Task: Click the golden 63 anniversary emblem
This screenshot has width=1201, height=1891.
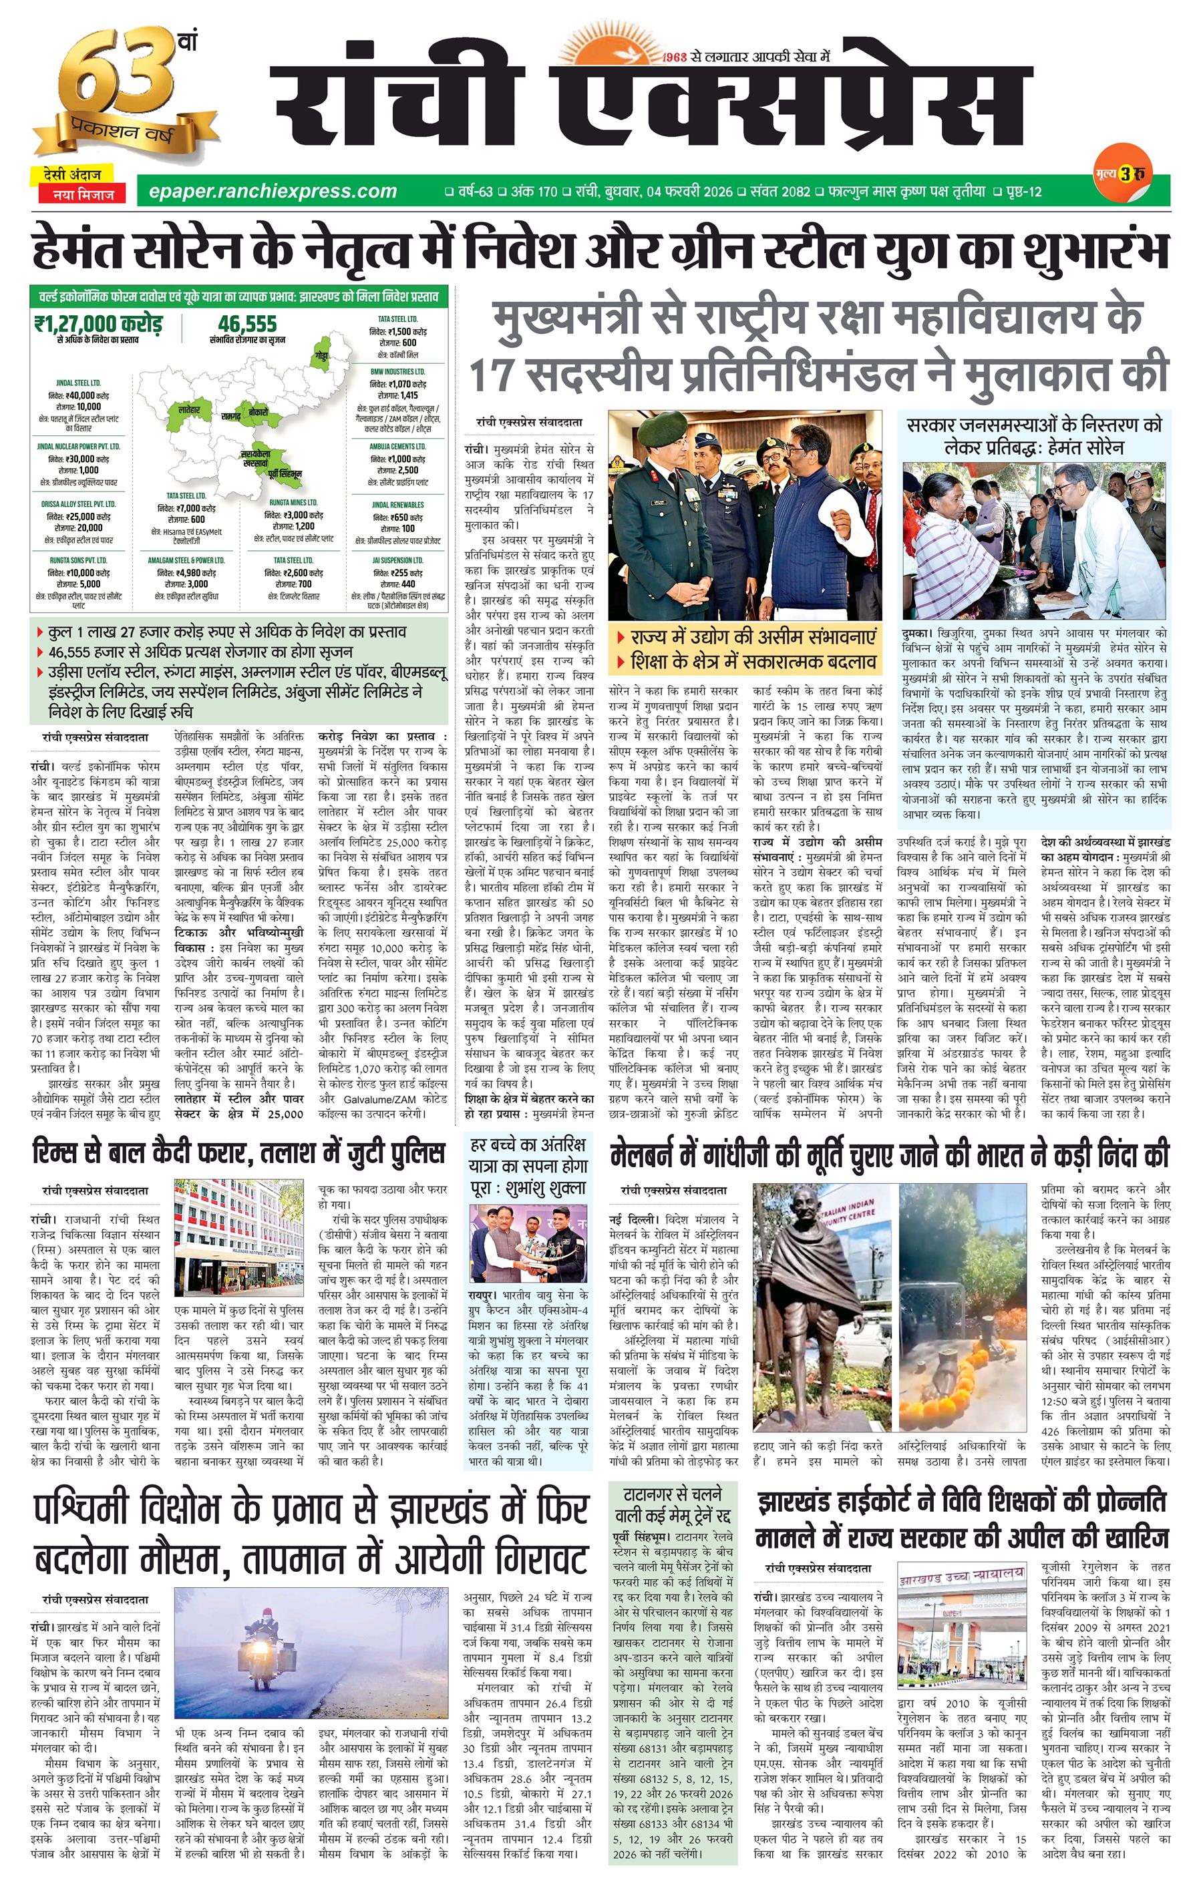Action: pyautogui.click(x=118, y=90)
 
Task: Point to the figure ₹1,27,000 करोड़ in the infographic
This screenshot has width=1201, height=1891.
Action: pyautogui.click(x=98, y=324)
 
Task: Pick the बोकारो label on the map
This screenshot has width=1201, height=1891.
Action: pyautogui.click(x=258, y=411)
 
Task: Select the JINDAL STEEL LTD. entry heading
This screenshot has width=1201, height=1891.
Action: pyautogui.click(x=79, y=383)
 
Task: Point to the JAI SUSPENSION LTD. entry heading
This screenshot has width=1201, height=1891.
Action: pyautogui.click(x=397, y=560)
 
